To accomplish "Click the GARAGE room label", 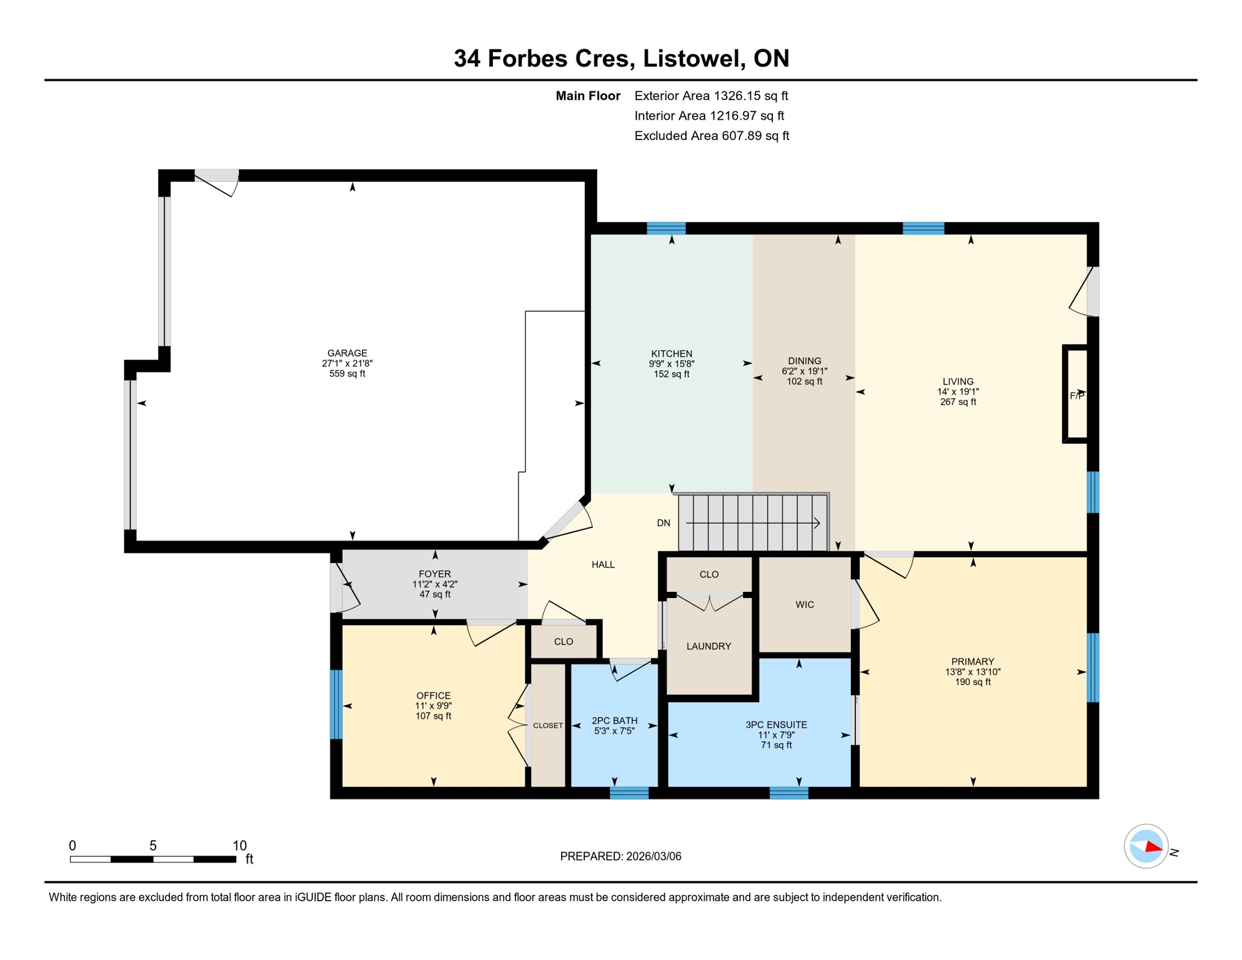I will (347, 353).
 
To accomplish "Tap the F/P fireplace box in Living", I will (1076, 394).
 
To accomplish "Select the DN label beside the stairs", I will (663, 523).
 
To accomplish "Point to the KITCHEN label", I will (672, 354).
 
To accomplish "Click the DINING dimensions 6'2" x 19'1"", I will (804, 371).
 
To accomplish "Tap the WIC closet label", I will (805, 604).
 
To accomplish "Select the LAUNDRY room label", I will (708, 646).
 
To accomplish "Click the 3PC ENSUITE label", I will (776, 725).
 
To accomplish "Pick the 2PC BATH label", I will (615, 721).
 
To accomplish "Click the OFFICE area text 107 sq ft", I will (434, 716).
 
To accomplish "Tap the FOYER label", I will (435, 574).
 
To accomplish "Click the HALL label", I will (603, 565).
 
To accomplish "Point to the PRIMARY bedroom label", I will (972, 662).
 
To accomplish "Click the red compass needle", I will (1153, 848).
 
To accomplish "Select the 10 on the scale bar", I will (240, 846).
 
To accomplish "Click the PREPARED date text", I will (620, 857).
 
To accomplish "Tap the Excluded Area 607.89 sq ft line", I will (712, 136).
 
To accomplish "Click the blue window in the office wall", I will (336, 704).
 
